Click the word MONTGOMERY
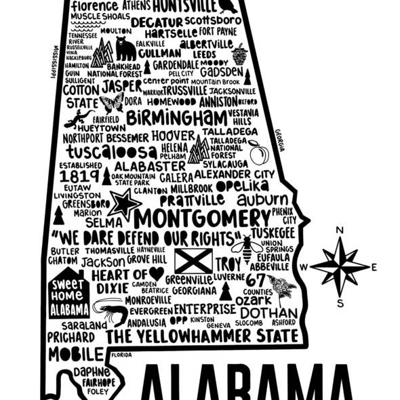(201, 218)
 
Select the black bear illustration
(125, 48)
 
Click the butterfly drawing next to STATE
(112, 102)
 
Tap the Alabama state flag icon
(193, 261)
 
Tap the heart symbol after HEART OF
(157, 273)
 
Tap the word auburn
(262, 200)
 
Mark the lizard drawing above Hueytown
(81, 118)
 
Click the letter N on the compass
(340, 231)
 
